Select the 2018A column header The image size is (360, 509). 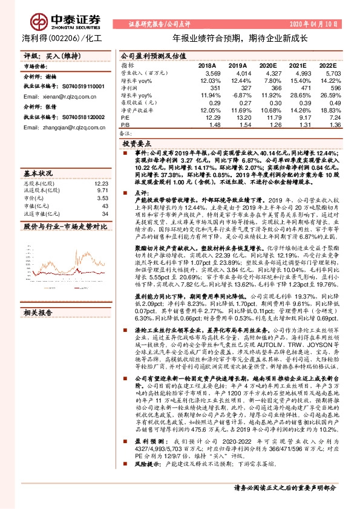coord(207,65)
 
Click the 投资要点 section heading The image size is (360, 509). coord(136,145)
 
